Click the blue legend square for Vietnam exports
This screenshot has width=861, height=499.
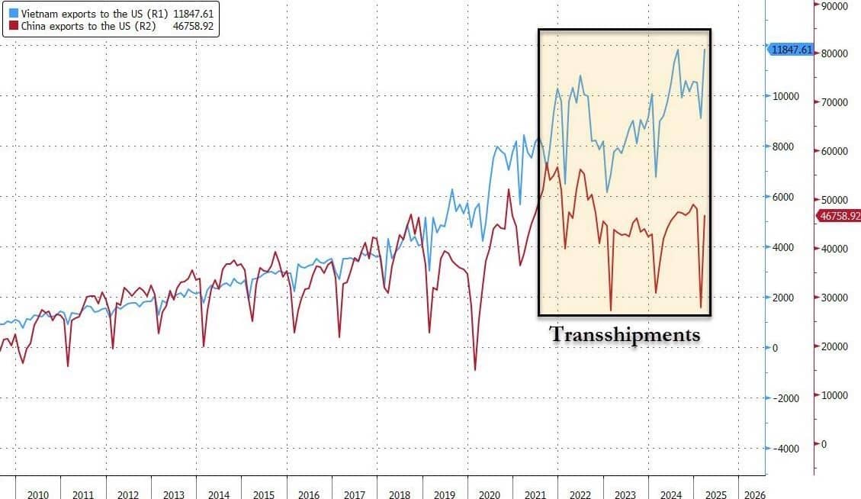[x=13, y=13]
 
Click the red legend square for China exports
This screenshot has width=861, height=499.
[x=13, y=25]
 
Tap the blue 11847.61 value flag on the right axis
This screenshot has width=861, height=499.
[x=792, y=50]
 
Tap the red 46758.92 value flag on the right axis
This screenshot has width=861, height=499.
[x=837, y=216]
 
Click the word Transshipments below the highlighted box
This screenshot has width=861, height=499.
[x=624, y=334]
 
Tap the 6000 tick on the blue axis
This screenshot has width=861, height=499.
[x=783, y=197]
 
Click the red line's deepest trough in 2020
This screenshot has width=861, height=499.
[x=475, y=370]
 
